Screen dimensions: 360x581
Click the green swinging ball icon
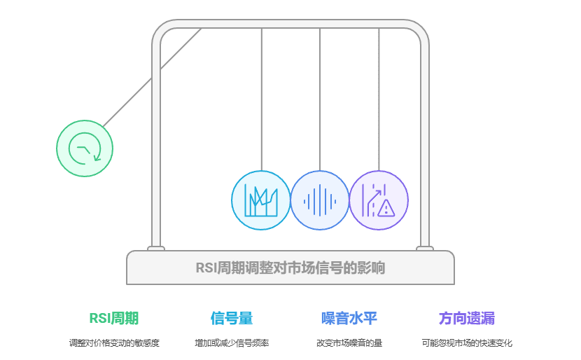click(85, 148)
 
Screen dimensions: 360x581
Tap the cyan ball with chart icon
click(261, 200)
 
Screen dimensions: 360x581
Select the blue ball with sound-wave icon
click(320, 200)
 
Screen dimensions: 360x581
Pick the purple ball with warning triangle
click(379, 200)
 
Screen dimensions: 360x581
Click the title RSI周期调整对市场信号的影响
click(290, 268)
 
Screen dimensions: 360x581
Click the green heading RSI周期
click(114, 318)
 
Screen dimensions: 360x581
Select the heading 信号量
click(232, 318)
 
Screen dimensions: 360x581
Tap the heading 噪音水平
click(349, 318)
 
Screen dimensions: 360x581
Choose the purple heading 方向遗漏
click(467, 318)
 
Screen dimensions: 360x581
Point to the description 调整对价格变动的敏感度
click(114, 343)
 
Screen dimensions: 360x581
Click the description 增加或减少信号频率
click(232, 343)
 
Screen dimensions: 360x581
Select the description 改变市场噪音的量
click(349, 343)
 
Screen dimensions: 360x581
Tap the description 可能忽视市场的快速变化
click(467, 343)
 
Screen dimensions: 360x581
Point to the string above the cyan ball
click(261, 98)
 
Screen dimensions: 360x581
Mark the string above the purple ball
click(379, 98)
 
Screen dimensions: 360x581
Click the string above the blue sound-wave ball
click(320, 98)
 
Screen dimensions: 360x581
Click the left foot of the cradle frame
click(156, 248)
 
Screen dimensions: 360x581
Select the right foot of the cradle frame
click(424, 248)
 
